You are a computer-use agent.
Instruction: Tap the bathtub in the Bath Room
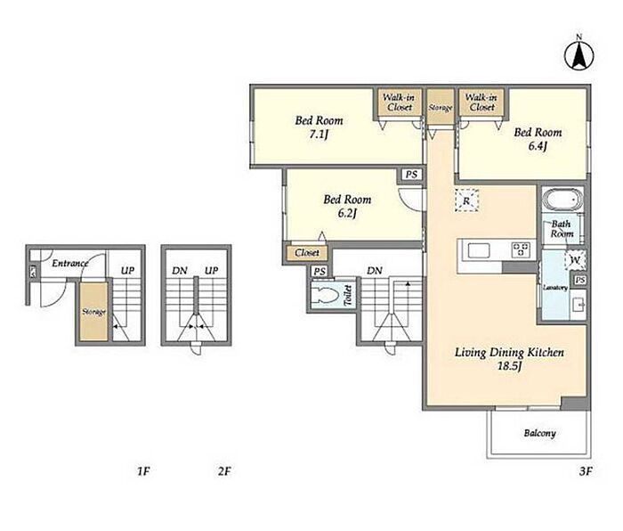[562, 200]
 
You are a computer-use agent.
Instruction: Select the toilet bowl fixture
[325, 296]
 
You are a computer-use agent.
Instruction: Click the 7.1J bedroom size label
[319, 135]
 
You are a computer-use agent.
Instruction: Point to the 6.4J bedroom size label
[538, 146]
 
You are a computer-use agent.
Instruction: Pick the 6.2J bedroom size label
[347, 213]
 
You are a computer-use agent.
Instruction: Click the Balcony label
[539, 433]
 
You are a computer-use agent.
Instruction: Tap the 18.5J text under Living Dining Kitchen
[509, 366]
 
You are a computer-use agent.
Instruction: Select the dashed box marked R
[466, 200]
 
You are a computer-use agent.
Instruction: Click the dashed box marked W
[575, 260]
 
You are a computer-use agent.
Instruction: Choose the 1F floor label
[143, 471]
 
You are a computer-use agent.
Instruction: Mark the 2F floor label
[224, 471]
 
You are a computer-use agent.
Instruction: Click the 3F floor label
[586, 471]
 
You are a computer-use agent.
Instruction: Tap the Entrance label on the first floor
[70, 263]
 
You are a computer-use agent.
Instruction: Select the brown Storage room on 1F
[93, 312]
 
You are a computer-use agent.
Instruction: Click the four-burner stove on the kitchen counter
[521, 250]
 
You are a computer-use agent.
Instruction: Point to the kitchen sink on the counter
[479, 250]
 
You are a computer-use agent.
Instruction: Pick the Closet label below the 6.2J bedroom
[307, 252]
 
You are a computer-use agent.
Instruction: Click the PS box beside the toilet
[320, 271]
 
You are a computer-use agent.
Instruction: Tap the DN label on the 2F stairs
[180, 271]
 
